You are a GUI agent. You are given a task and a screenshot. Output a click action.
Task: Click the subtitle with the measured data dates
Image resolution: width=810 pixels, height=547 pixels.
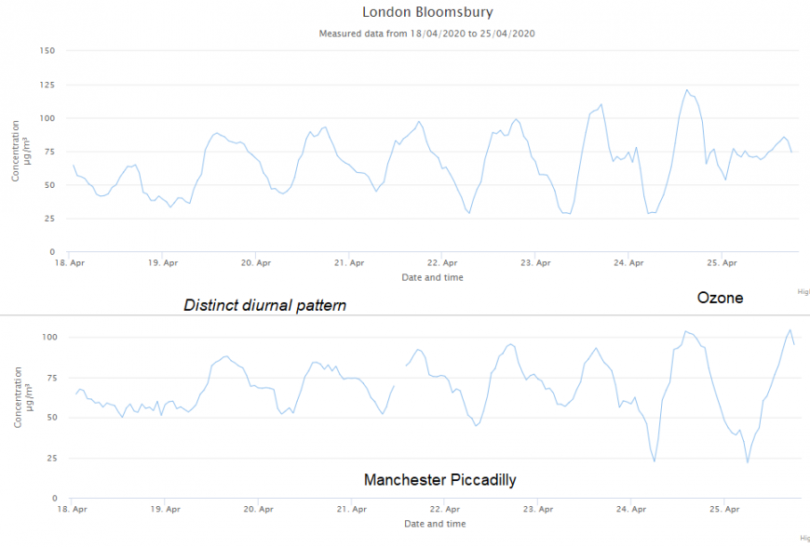coord(427,33)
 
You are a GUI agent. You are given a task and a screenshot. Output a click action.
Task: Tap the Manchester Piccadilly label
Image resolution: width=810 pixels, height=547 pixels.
coord(440,480)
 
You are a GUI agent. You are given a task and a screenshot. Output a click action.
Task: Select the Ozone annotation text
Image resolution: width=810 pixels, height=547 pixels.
coord(721,298)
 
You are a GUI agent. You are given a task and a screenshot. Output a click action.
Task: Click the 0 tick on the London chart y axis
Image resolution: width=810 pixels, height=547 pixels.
coord(53,252)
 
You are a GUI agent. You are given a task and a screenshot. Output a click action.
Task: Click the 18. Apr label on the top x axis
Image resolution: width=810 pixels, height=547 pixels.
coord(68,263)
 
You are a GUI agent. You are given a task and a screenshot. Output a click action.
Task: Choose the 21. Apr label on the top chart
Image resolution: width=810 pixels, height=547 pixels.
coord(348,263)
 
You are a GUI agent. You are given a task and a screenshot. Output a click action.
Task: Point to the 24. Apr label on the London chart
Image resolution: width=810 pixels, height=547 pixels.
coord(629,263)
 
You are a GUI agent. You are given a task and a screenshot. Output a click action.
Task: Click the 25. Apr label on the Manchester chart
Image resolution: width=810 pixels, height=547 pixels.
coord(725,510)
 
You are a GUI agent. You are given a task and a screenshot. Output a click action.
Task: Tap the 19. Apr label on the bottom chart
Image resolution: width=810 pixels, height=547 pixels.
coord(164,510)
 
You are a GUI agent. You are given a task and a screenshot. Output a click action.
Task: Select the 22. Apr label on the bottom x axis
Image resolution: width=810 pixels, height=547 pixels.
coord(444,510)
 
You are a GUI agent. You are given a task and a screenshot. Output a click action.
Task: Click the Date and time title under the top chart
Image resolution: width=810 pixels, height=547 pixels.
coord(432,277)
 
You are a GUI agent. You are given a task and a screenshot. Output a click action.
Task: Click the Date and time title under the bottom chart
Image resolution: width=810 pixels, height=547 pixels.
coord(435,524)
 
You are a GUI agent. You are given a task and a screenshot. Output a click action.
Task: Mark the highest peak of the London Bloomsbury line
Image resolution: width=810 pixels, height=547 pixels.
coord(687,90)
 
